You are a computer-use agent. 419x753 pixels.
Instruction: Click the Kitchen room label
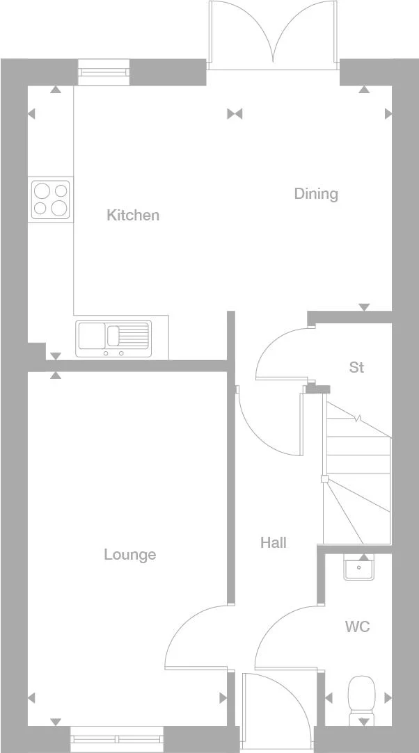click(x=133, y=216)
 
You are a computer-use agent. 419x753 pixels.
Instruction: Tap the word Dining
click(x=316, y=194)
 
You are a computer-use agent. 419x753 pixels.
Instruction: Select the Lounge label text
click(x=130, y=555)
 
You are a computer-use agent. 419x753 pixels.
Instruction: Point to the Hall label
click(x=274, y=543)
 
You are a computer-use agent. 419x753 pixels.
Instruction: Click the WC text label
click(x=358, y=627)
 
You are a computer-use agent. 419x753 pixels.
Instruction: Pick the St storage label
click(x=356, y=367)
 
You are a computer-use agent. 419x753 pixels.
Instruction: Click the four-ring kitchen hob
click(x=51, y=200)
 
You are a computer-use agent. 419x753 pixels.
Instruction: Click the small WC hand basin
click(x=360, y=568)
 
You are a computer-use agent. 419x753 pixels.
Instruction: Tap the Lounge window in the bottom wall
click(x=117, y=738)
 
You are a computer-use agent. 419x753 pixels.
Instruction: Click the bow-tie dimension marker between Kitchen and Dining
click(x=235, y=114)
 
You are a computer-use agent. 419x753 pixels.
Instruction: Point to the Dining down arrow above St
click(x=363, y=307)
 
